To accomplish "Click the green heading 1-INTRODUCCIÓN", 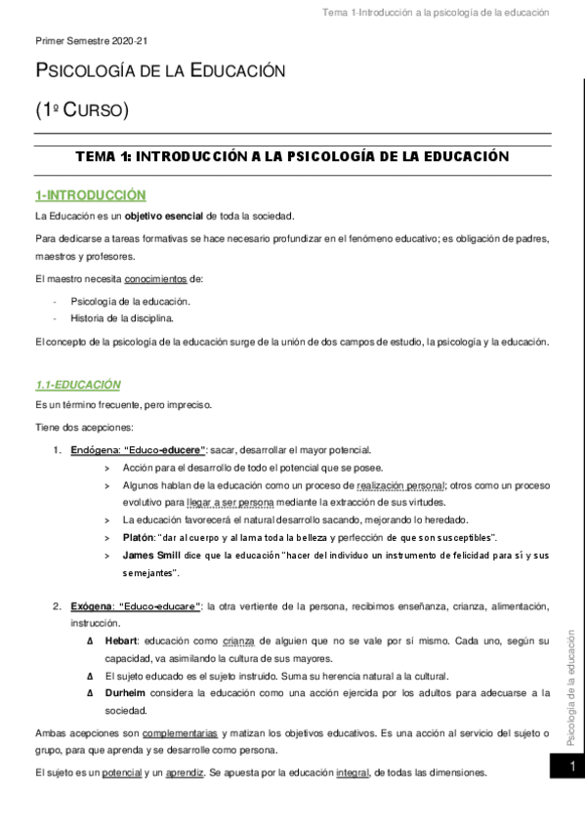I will (x=90, y=195).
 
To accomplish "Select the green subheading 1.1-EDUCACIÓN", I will (x=78, y=385).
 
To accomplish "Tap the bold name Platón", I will (x=138, y=538).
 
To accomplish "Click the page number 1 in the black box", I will (x=571, y=768).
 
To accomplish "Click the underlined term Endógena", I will (x=94, y=449).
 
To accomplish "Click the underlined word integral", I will (x=353, y=772).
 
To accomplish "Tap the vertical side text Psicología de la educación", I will (x=571, y=674).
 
